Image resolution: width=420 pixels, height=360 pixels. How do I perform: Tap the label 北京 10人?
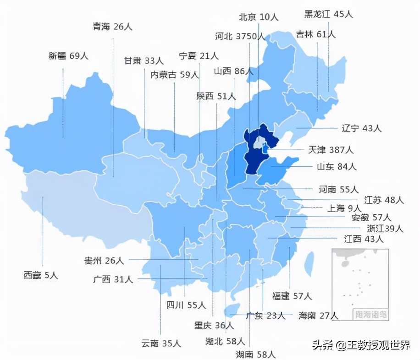click(259, 16)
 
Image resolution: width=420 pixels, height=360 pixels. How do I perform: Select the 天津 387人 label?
click(331, 150)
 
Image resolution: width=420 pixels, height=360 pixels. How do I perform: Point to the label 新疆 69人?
click(68, 56)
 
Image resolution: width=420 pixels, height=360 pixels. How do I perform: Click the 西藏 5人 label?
click(41, 276)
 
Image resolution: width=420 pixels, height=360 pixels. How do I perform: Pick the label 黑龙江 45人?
click(329, 14)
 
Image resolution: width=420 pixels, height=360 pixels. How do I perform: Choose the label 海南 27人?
click(318, 315)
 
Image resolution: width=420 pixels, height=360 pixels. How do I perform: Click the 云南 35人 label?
click(161, 343)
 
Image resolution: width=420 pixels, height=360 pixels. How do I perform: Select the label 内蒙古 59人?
click(175, 75)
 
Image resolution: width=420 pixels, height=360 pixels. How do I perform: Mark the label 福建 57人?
click(292, 296)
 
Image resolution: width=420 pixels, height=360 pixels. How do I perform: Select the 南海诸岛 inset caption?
click(370, 315)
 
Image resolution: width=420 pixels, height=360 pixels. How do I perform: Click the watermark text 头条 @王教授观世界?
click(361, 345)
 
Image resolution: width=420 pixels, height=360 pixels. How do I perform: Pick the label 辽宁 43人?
click(362, 128)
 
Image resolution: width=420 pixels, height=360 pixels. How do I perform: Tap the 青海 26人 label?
click(112, 27)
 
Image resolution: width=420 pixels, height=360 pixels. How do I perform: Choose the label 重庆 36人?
click(214, 326)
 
